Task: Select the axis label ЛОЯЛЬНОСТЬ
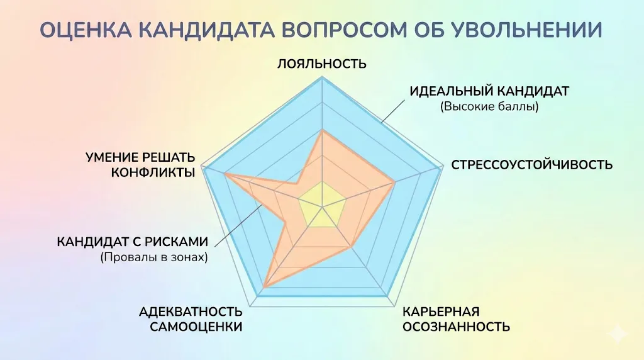point(322,64)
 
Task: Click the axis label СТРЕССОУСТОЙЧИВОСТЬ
point(531,165)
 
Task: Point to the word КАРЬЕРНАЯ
point(441,312)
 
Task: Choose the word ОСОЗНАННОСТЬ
point(456,327)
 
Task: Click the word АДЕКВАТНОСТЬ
point(191,312)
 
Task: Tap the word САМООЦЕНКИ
point(196,327)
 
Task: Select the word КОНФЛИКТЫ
point(153,172)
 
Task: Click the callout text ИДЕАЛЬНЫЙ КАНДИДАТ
point(489,91)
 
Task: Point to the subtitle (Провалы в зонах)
point(153,257)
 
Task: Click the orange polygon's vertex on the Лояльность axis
point(322,130)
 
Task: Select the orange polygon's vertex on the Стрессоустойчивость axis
point(394,183)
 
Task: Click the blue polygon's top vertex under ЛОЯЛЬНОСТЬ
point(322,78)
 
